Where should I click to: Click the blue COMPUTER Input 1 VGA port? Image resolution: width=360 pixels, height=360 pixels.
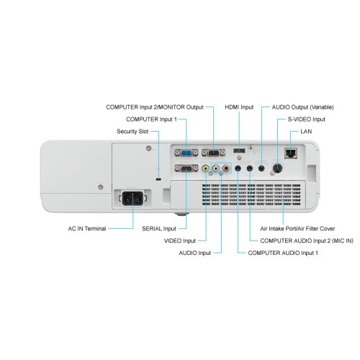(186, 153)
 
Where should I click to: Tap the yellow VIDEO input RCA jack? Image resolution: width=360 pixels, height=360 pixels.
(205, 168)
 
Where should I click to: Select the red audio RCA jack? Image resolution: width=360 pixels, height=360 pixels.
(226, 168)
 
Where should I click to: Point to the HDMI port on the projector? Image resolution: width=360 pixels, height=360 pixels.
(239, 150)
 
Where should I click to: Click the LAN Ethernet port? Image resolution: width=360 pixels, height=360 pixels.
(291, 153)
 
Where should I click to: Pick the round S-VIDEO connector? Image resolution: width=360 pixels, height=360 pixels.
(277, 168)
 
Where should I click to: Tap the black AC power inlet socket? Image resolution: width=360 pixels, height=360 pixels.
(132, 198)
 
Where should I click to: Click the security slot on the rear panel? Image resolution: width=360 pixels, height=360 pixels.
(158, 179)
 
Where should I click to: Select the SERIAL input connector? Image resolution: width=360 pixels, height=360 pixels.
(186, 168)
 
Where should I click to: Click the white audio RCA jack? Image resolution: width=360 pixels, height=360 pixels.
(216, 168)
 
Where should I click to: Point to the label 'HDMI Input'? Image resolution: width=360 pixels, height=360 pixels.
(239, 107)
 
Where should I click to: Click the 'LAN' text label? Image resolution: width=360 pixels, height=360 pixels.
(306, 131)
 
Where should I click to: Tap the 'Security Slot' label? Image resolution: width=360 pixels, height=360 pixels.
(132, 131)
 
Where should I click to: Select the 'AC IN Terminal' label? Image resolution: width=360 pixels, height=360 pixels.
(87, 228)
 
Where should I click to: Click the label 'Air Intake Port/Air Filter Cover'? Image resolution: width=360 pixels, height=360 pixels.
(297, 228)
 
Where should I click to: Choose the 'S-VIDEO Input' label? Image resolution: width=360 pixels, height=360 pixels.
(307, 120)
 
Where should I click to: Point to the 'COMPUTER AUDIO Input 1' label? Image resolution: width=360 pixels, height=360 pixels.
(283, 253)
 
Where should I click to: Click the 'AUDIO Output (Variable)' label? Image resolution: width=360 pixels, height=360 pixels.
(303, 107)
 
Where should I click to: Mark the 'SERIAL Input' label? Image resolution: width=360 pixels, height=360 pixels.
(159, 228)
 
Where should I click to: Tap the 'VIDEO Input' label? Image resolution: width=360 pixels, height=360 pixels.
(180, 240)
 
